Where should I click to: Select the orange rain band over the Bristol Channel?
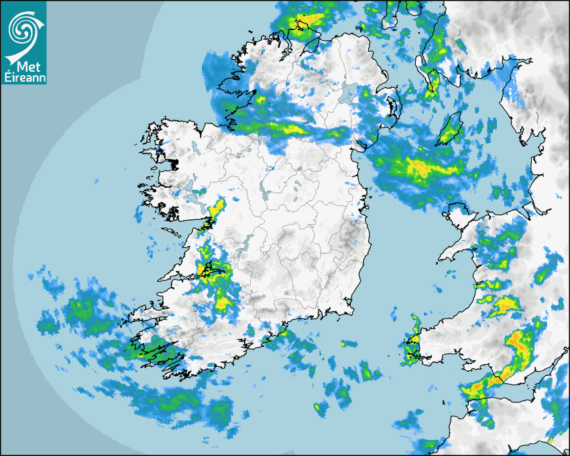pos(490,382)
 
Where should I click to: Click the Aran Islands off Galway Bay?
pos(172,232)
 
